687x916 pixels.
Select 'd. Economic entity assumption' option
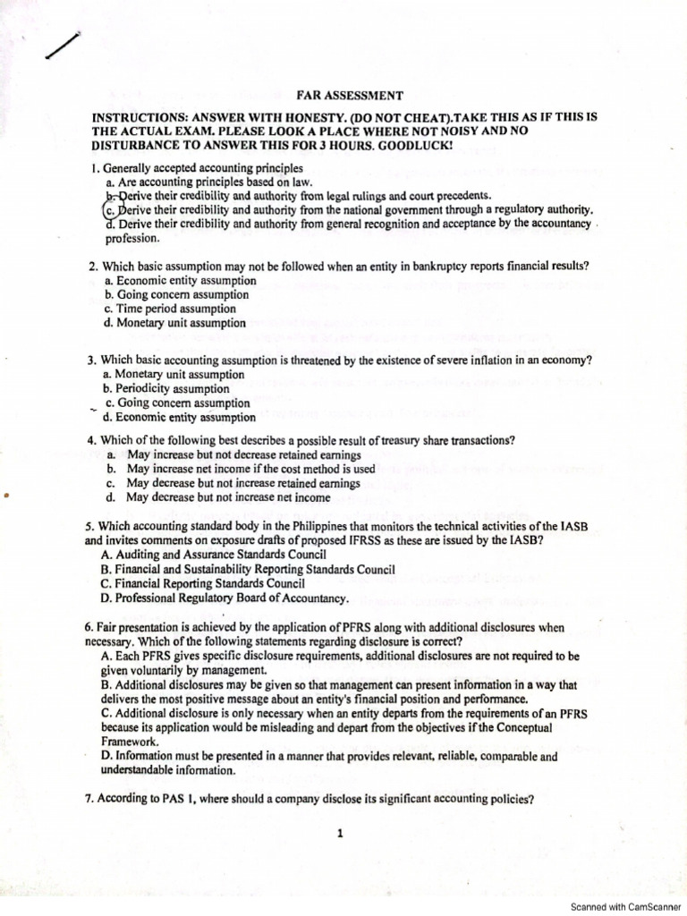tap(179, 417)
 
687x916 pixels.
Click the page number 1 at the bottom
tap(340, 834)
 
